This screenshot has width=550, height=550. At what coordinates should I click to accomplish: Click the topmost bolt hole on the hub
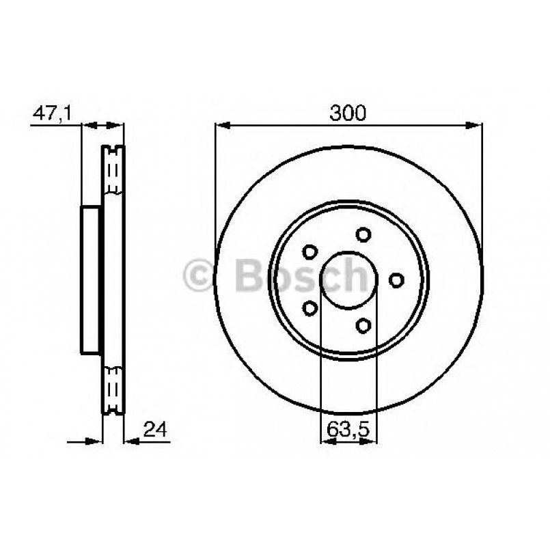tap(364, 234)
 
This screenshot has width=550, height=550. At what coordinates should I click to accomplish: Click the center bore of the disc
tap(348, 280)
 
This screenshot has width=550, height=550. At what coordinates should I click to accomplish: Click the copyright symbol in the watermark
tap(202, 276)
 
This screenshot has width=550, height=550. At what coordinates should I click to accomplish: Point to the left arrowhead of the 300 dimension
tap(220, 126)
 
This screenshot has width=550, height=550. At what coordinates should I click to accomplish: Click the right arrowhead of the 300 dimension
tap(477, 126)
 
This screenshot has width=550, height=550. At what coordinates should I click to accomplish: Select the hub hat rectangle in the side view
tap(92, 280)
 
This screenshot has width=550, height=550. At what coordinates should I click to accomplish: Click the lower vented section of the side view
tap(113, 389)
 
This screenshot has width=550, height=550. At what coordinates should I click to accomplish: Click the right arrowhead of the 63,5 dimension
tap(372, 441)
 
